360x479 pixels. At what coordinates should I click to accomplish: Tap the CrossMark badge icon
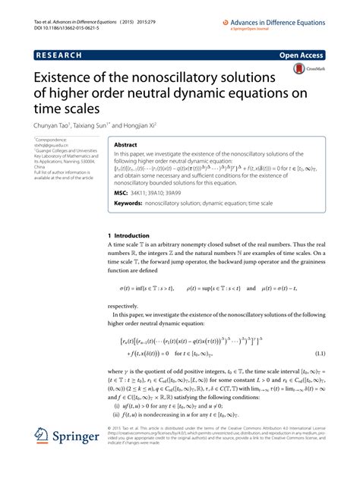pyautogui.click(x=298, y=69)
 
